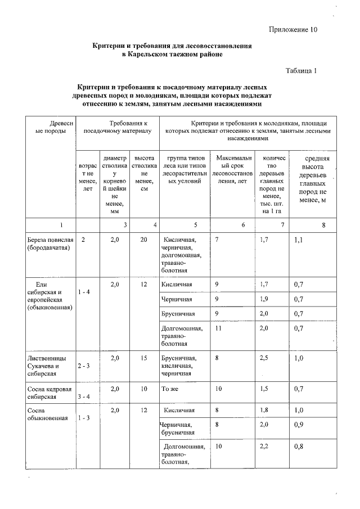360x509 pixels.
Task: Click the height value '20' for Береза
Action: coord(144,240)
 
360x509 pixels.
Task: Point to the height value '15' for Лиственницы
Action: coord(144,358)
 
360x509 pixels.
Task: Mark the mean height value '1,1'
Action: coord(299,240)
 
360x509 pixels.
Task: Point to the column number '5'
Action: coord(195,224)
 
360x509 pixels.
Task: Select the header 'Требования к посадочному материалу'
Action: coord(117,127)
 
